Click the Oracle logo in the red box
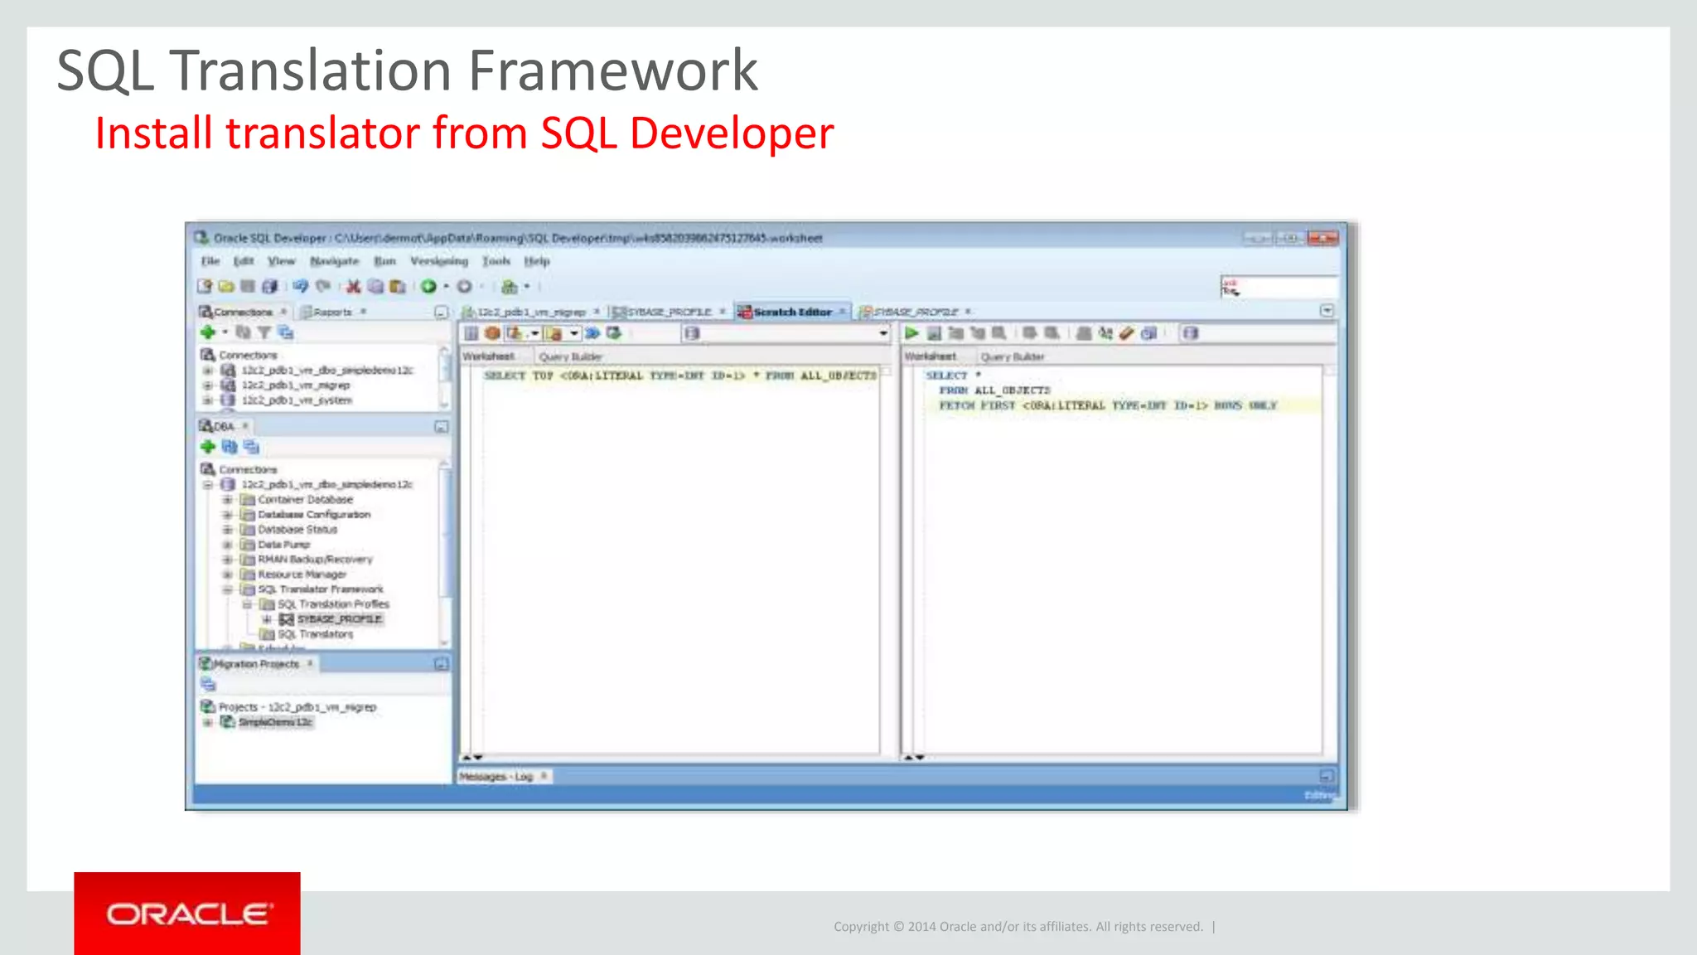click(x=188, y=914)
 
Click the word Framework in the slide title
click(x=612, y=70)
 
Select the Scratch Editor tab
click(x=791, y=312)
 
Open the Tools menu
click(x=496, y=261)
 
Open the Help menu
click(x=537, y=261)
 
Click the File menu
click(x=210, y=261)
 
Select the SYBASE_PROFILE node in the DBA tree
click(x=339, y=619)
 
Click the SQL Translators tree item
click(x=315, y=634)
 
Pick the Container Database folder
click(x=305, y=500)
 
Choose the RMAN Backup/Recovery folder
click(x=315, y=560)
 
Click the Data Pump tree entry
click(x=283, y=545)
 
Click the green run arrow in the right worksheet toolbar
click(x=911, y=333)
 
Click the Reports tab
click(x=332, y=313)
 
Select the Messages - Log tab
click(x=496, y=777)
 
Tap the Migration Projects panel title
click(x=256, y=664)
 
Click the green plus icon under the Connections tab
click(x=208, y=332)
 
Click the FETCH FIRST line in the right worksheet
click(x=1107, y=405)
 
